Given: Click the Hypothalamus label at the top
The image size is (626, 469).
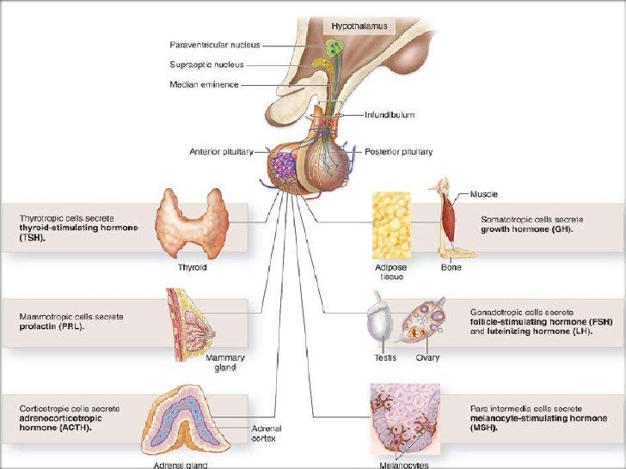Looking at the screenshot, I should (359, 27).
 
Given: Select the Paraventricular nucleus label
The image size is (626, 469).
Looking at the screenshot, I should (214, 45).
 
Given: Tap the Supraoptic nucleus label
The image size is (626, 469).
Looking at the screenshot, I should (206, 64).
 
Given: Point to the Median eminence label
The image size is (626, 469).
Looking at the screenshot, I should (205, 84).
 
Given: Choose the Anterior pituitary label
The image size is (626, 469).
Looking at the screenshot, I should (221, 152).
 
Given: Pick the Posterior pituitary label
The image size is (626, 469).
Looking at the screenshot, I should (397, 152).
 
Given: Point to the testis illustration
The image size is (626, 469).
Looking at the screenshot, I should (379, 322).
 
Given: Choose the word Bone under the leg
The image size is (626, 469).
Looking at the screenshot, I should (451, 267).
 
